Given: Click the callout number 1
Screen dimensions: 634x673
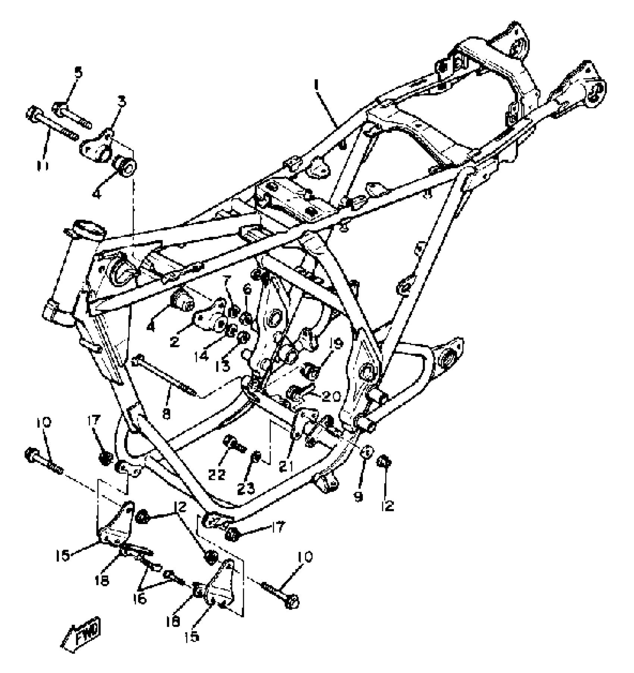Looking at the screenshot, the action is pos(317,85).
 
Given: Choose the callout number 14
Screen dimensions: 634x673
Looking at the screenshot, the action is pos(201,356).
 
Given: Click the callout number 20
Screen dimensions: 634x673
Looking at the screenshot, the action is pos(330,396).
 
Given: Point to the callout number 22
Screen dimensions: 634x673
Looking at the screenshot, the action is pos(217,474).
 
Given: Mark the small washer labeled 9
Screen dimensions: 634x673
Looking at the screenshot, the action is pos(367,451).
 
